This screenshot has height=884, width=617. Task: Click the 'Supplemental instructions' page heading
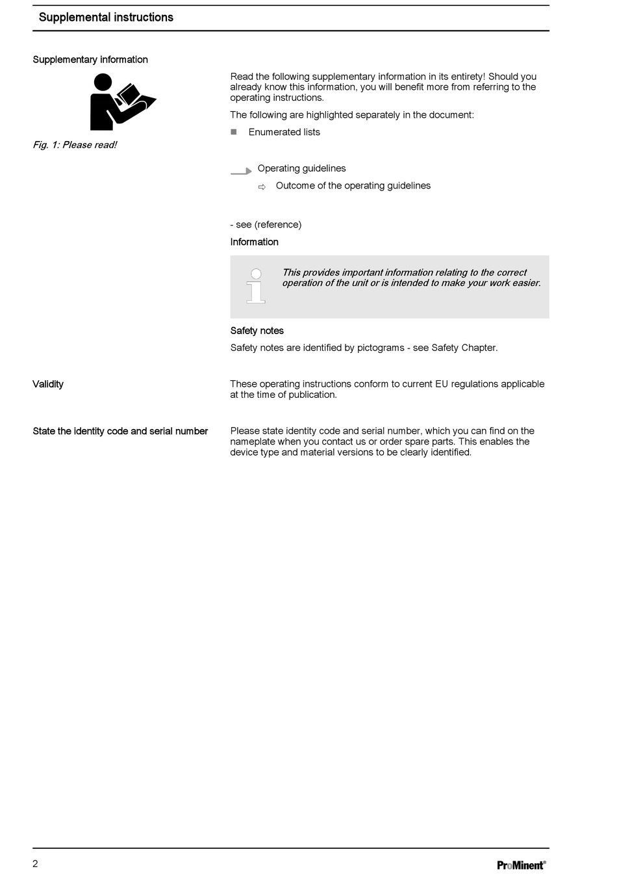[106, 18]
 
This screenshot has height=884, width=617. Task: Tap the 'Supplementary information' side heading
[90, 60]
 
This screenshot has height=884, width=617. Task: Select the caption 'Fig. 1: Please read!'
[75, 145]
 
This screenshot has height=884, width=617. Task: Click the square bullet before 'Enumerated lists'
[234, 132]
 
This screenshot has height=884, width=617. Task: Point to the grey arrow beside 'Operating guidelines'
[241, 172]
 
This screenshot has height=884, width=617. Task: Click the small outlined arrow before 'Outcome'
[262, 187]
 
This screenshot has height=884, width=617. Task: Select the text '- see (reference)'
[266, 225]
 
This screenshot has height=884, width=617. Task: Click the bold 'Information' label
[254, 242]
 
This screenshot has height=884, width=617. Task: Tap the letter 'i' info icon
[256, 286]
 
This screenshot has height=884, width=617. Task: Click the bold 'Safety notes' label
[257, 331]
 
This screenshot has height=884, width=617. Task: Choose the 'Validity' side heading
[48, 384]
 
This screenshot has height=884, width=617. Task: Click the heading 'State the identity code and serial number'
[120, 431]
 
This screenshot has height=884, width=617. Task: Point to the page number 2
[36, 863]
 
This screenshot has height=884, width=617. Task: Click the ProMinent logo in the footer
[521, 864]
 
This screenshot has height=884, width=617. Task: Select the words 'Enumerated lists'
[284, 132]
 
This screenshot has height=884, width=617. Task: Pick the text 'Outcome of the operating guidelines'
[353, 186]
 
